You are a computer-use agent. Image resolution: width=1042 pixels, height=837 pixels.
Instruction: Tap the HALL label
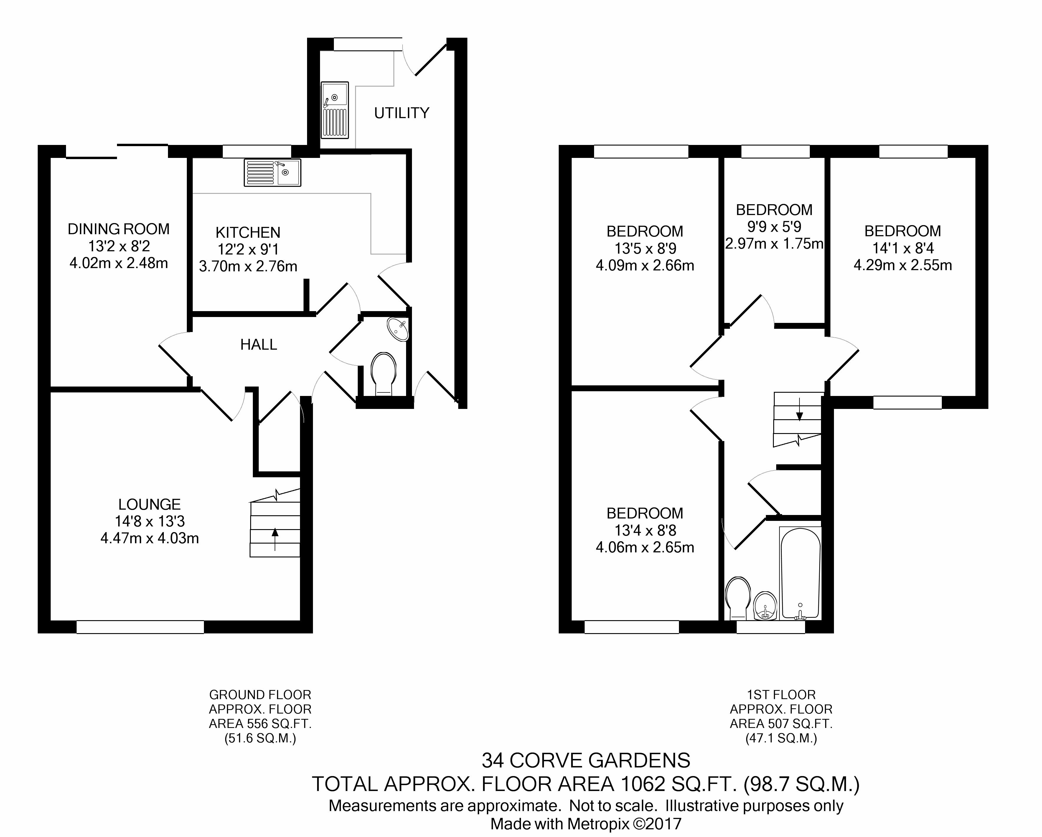[x=258, y=345]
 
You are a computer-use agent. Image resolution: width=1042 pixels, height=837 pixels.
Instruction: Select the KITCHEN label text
[x=248, y=232]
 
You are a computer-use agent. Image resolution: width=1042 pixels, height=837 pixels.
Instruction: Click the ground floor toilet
[x=384, y=373]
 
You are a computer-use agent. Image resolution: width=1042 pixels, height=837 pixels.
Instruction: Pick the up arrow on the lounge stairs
[x=275, y=539]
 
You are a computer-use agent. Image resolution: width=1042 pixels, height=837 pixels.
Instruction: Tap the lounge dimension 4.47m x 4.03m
[x=150, y=538]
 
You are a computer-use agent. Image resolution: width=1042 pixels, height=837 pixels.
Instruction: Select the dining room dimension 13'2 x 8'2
[x=119, y=246]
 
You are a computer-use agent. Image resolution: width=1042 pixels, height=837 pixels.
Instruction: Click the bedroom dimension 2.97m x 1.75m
[x=774, y=244]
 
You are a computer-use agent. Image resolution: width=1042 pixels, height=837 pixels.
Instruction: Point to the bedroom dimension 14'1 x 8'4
[x=903, y=248]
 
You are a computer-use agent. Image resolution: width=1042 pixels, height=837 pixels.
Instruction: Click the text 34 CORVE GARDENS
[x=586, y=761]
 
